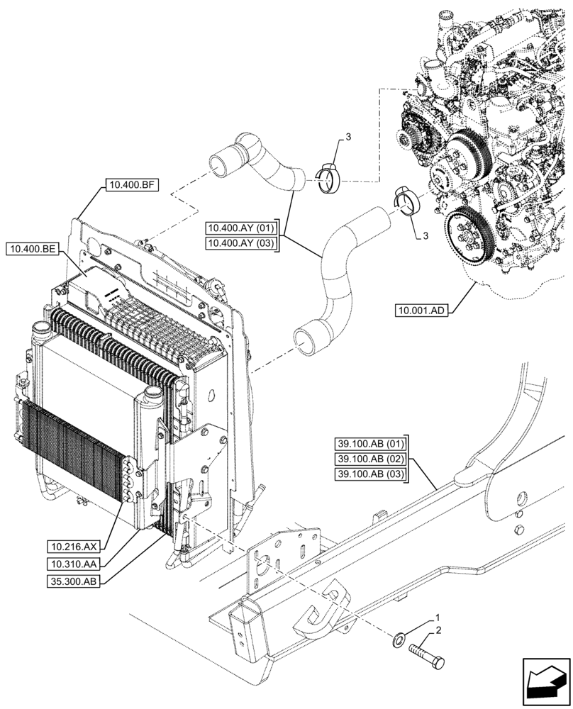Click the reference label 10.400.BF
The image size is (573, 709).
point(131,186)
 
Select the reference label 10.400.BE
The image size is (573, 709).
point(33,249)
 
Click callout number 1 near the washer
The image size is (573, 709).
point(438,618)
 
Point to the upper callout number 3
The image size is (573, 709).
point(348,136)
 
